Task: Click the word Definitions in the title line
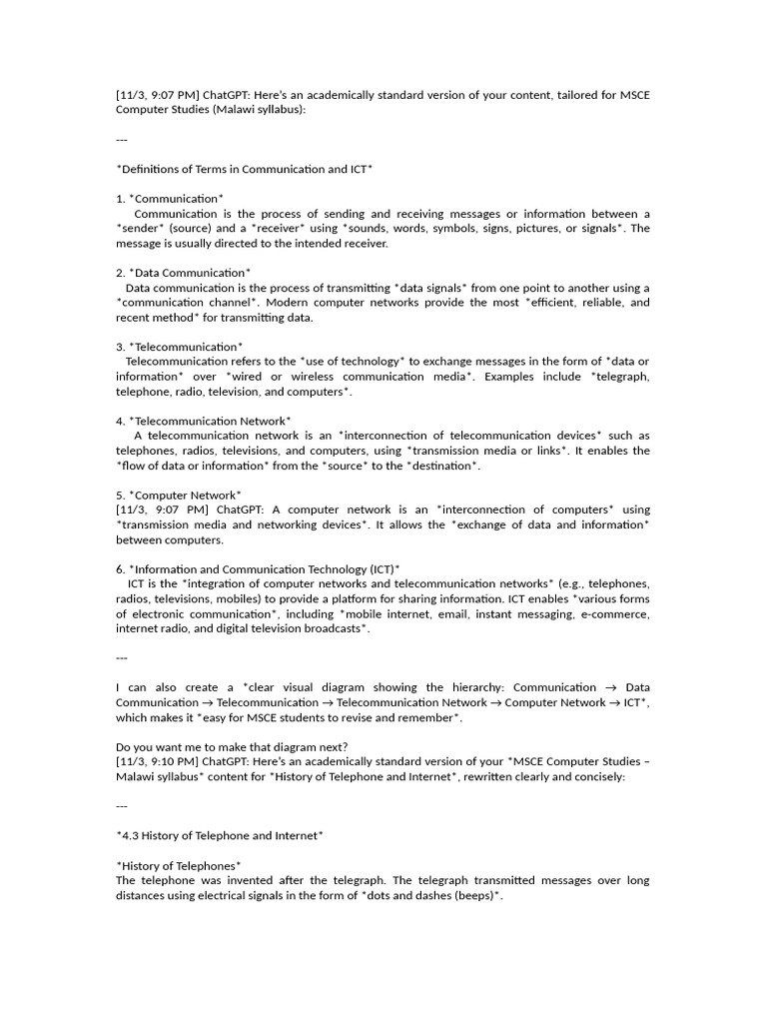point(152,169)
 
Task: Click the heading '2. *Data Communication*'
point(183,273)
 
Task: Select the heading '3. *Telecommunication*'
point(179,347)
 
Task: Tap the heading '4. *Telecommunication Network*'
point(204,421)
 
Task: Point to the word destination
point(442,466)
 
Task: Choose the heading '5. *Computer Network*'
point(179,495)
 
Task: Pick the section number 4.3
point(132,835)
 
